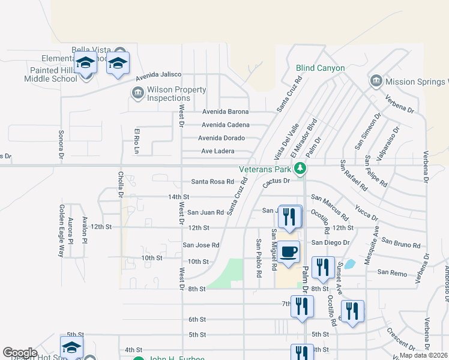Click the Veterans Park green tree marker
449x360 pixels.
303,167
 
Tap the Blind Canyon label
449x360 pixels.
320,68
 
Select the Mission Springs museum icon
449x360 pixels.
376,81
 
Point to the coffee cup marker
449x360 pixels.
289,252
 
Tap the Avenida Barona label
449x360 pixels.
225,112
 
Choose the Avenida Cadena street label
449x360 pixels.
226,125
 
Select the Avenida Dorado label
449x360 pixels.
221,138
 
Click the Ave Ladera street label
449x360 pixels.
217,151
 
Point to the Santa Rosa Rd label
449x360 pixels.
212,182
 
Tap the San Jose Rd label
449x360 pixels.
201,245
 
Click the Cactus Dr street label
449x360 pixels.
276,181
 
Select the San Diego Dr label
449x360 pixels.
330,242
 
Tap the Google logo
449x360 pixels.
20,353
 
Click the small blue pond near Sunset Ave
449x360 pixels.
349,263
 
